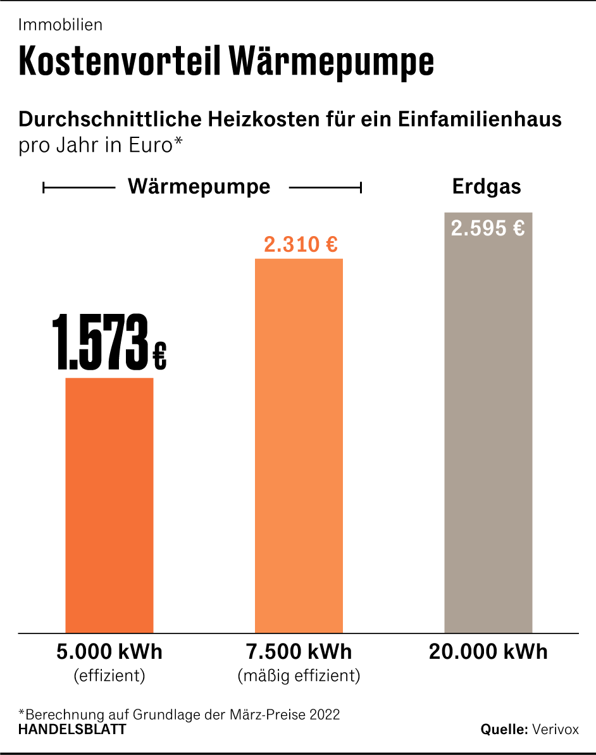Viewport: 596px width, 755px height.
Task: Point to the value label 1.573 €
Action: click(x=109, y=344)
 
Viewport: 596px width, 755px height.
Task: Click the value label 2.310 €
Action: click(x=301, y=244)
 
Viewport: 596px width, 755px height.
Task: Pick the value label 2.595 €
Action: click(x=488, y=228)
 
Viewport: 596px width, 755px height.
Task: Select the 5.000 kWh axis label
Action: click(x=109, y=652)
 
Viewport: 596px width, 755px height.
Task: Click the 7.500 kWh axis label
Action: click(x=299, y=652)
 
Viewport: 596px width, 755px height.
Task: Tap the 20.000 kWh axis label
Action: click(x=488, y=652)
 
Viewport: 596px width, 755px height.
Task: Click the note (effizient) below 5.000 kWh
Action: click(x=109, y=676)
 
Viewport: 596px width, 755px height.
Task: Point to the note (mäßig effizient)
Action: click(x=299, y=676)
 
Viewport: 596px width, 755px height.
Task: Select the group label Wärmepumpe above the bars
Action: click(x=199, y=187)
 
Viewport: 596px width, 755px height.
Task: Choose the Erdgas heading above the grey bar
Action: click(x=487, y=187)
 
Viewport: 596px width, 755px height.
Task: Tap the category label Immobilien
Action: click(x=61, y=25)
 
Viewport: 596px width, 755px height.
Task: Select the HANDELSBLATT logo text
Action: click(x=72, y=729)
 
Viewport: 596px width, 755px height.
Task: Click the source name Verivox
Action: click(x=556, y=729)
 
